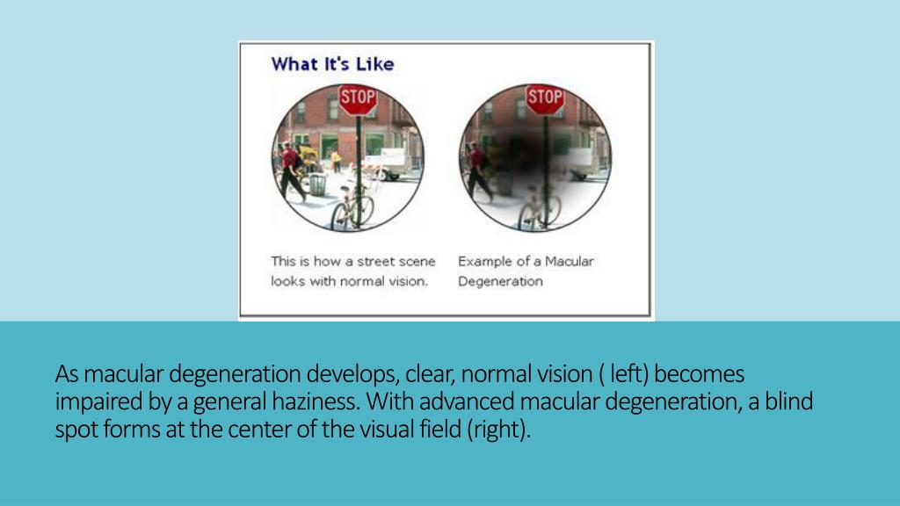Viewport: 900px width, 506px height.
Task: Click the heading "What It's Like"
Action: (x=332, y=64)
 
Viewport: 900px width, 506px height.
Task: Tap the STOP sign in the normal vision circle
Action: (x=357, y=98)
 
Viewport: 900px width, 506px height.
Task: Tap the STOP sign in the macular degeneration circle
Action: (x=544, y=98)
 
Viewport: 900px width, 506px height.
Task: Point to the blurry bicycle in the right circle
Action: (x=538, y=207)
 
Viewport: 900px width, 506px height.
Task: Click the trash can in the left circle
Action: (x=317, y=184)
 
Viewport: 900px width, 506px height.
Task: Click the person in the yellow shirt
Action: (x=335, y=161)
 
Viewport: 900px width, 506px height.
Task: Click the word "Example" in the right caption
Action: (x=484, y=262)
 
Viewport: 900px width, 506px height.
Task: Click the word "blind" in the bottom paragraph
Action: (x=788, y=403)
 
